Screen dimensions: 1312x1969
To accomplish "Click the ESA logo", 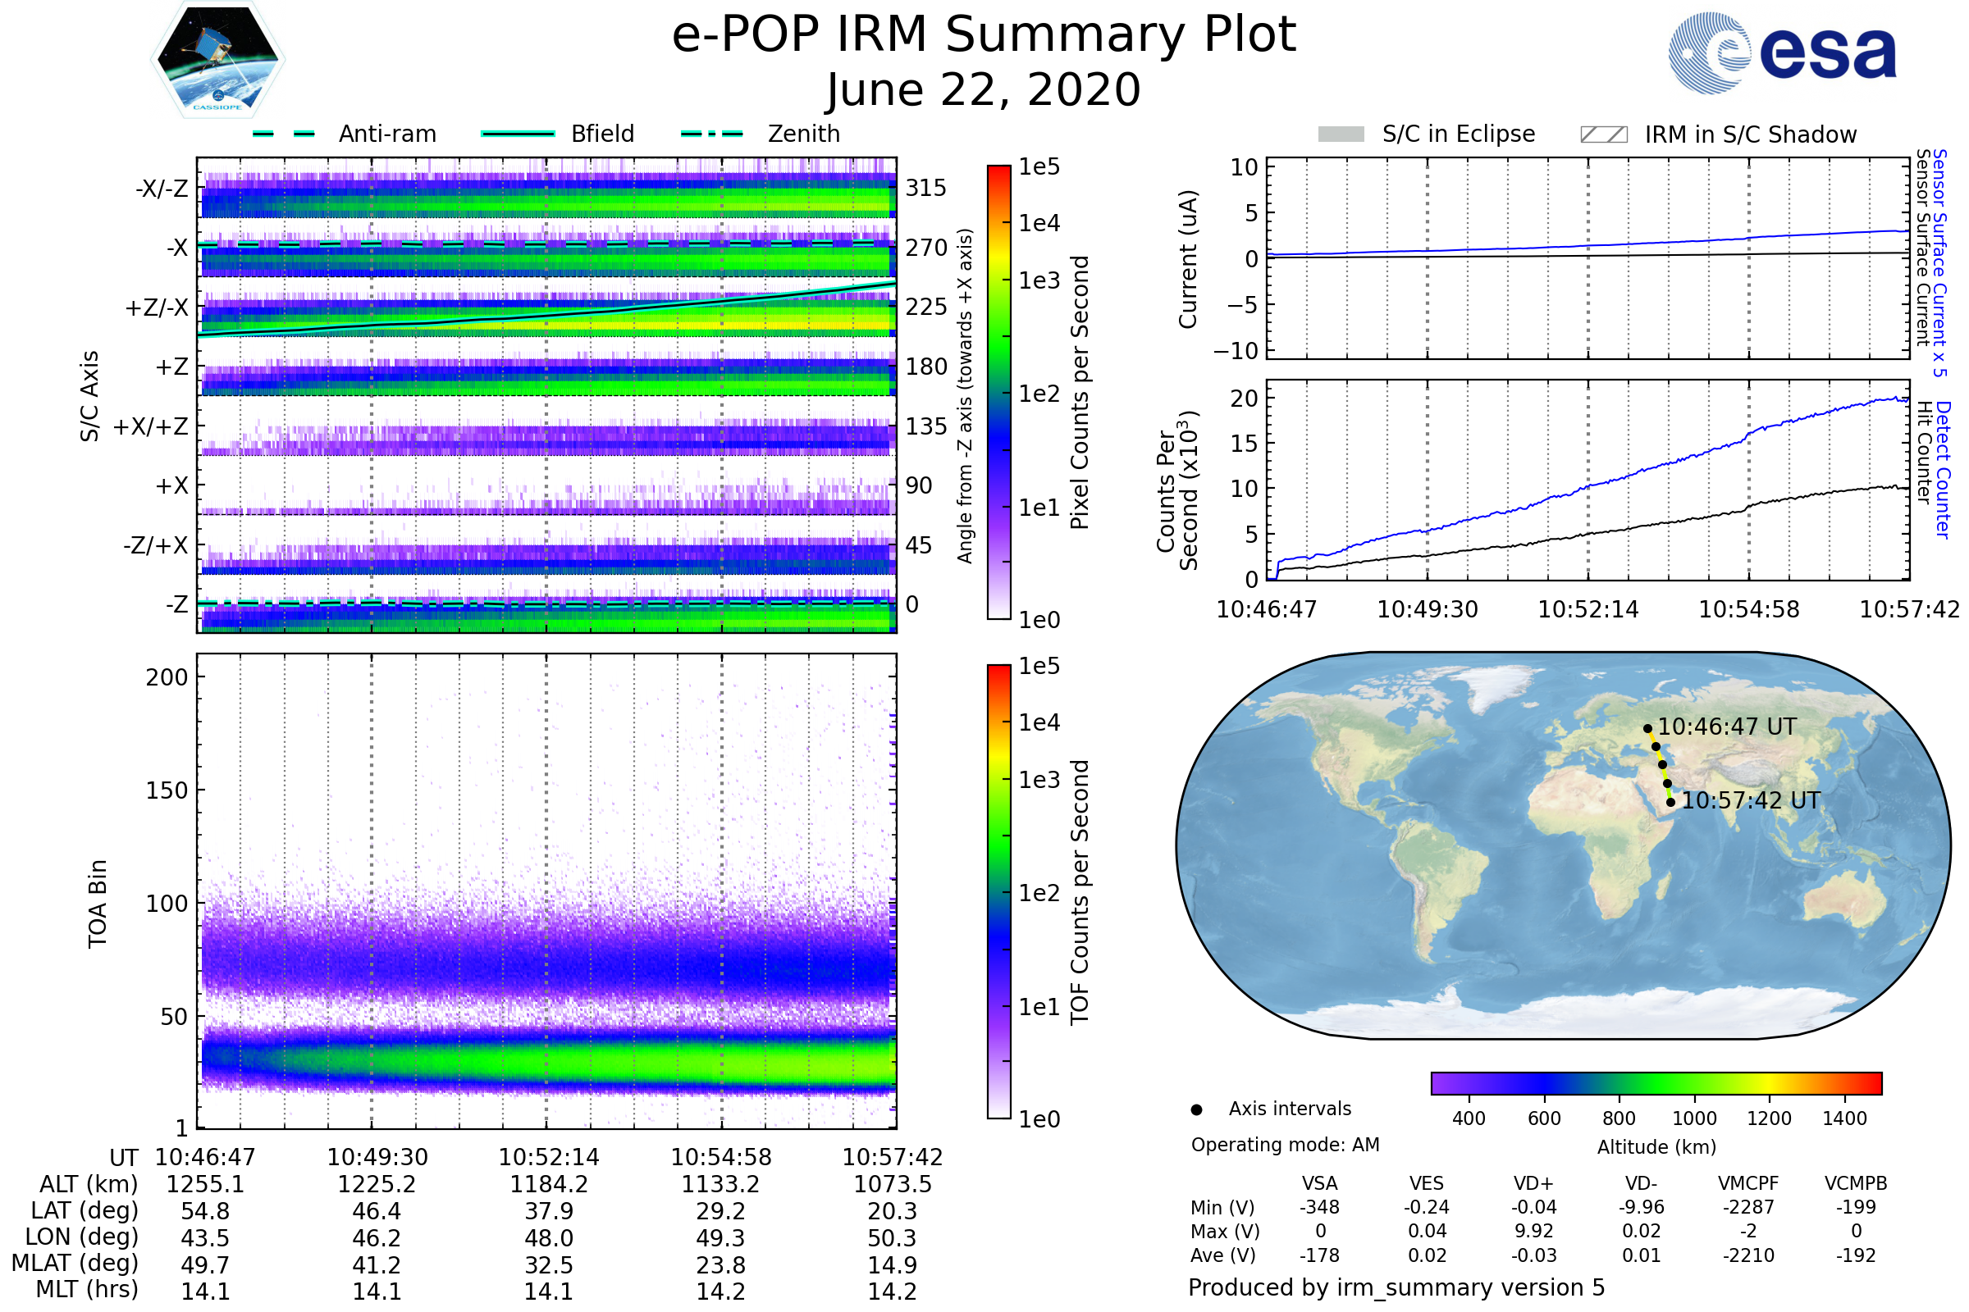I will (1782, 52).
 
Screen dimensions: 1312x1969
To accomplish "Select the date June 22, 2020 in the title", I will (983, 89).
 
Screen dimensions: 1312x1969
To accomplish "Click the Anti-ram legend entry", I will (386, 134).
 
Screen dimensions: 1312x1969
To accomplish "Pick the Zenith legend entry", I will (803, 134).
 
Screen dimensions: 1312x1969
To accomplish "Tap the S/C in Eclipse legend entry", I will (1458, 134).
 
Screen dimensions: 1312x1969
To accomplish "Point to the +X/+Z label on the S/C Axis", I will (151, 426).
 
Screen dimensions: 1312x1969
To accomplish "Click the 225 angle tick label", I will (926, 307).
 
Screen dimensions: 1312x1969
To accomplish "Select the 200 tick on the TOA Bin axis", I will (167, 677).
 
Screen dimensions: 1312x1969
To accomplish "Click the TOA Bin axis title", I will (97, 903).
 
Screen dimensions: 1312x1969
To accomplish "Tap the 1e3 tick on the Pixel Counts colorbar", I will (1039, 280).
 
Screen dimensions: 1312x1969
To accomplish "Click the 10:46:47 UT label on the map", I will (1726, 727).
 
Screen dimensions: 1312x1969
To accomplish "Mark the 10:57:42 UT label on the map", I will (1751, 800).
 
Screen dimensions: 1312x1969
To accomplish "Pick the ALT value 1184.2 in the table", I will (548, 1184).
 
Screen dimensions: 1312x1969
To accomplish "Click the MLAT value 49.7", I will (205, 1264).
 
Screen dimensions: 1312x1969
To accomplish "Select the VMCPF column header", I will (1747, 1183).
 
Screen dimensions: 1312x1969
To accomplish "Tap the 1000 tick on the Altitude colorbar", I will (1693, 1118).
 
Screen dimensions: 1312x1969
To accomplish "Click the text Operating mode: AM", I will (1284, 1145).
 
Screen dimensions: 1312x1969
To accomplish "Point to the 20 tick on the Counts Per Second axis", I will (1244, 399).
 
